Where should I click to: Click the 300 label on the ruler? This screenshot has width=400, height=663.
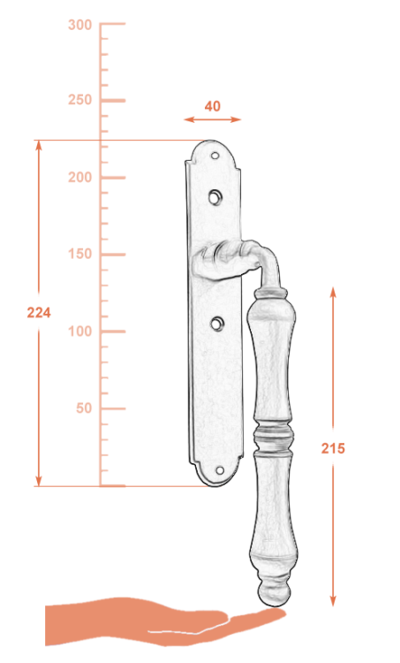click(79, 25)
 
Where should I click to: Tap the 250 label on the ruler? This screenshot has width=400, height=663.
click(79, 100)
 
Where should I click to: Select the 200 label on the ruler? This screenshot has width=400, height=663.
click(79, 177)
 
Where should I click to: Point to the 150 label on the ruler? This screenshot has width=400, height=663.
click(79, 254)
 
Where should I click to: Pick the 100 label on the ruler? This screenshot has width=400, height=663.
click(79, 331)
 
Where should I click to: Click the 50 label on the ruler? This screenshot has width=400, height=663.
click(84, 408)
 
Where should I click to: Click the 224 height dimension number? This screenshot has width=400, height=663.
click(39, 312)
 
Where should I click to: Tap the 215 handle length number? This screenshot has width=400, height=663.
click(333, 448)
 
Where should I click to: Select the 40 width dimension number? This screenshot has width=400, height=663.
click(213, 106)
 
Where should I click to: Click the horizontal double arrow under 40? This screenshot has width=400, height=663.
click(213, 119)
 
